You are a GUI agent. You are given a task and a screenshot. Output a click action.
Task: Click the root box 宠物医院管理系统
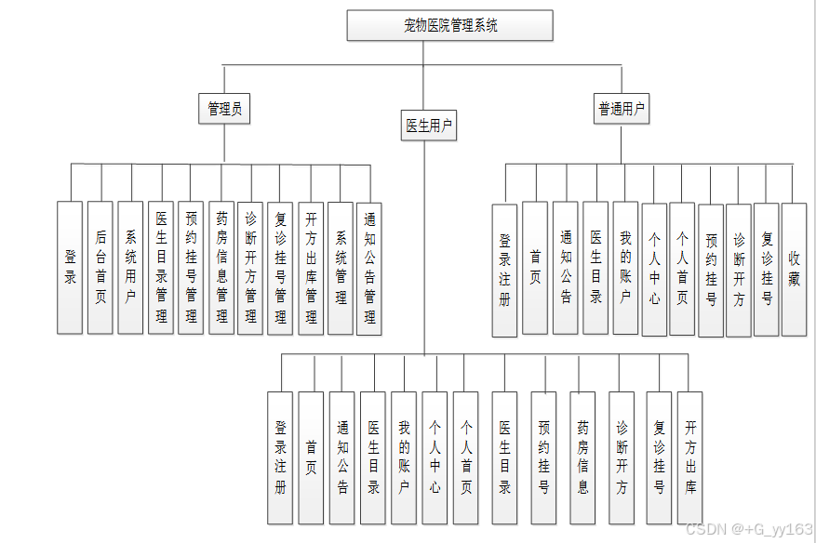tap(450, 25)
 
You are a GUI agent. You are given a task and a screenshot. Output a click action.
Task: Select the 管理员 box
tap(225, 108)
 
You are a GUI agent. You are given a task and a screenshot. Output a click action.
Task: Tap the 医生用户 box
tap(429, 125)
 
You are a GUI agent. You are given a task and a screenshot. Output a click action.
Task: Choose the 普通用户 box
tap(622, 108)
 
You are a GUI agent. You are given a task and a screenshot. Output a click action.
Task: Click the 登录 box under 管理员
tap(70, 267)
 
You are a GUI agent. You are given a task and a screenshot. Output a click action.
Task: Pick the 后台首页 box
tap(100, 267)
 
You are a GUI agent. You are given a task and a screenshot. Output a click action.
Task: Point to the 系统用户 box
tap(131, 267)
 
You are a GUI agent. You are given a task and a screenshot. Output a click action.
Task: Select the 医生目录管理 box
tap(161, 267)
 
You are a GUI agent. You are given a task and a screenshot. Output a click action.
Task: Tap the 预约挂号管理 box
tap(191, 267)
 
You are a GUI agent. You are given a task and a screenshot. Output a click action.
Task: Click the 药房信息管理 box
tap(221, 267)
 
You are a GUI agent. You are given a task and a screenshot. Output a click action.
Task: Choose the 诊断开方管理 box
tap(250, 267)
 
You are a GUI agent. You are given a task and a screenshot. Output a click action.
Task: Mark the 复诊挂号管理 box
tap(279, 267)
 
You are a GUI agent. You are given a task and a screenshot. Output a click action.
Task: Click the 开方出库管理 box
tap(311, 267)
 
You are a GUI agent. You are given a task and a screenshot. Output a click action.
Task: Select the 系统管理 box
tap(341, 267)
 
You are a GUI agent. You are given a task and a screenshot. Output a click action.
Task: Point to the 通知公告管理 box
tap(369, 267)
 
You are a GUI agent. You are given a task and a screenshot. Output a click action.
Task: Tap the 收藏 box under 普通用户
tap(794, 269)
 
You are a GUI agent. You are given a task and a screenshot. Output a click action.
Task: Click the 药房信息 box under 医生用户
tap(582, 456)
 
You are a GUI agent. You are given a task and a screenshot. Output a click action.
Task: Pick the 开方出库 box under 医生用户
tap(689, 456)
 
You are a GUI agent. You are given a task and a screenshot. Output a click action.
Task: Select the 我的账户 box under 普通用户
tap(625, 269)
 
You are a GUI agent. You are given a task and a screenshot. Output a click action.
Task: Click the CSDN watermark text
tap(748, 528)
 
